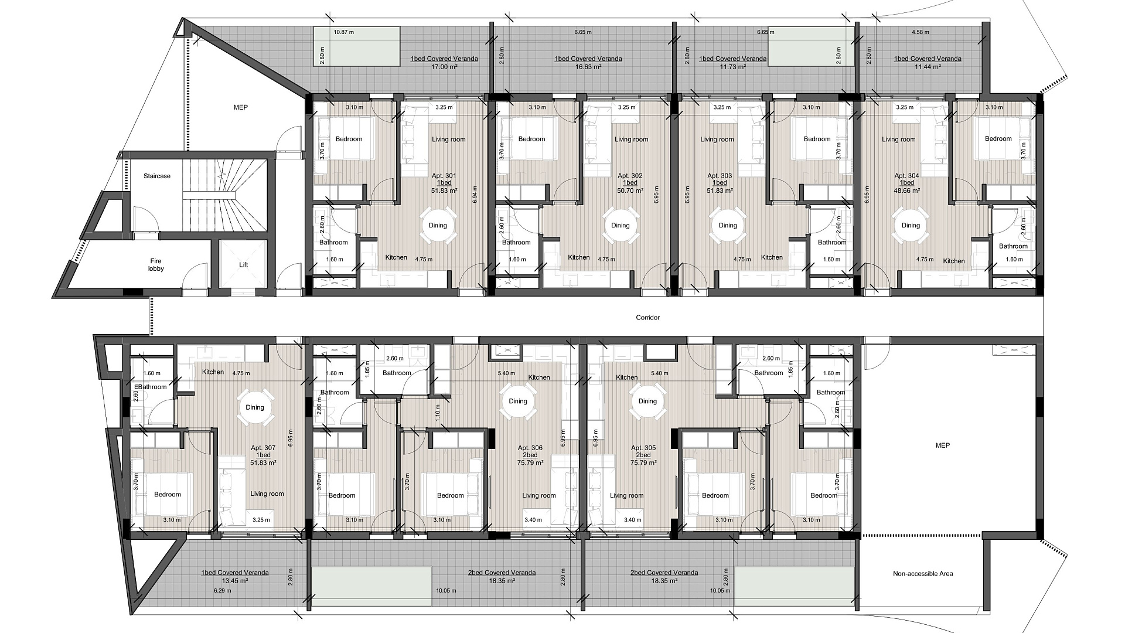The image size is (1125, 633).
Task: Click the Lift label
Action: coord(244,265)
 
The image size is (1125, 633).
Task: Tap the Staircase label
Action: coord(157,176)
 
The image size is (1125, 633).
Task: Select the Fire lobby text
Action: coord(156,265)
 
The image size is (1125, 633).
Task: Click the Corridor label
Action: coord(648,318)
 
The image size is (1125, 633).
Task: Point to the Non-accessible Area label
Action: coord(923,573)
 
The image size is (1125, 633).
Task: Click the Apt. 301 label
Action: coord(444,176)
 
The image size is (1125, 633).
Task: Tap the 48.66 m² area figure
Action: coord(906,190)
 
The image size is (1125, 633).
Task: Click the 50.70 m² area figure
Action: coord(630,190)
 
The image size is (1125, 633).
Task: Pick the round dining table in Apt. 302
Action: coord(621,226)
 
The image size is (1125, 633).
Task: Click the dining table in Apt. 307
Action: coord(255,407)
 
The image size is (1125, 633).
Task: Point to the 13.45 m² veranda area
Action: coord(234,581)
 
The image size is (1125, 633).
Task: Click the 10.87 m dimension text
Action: coord(343,32)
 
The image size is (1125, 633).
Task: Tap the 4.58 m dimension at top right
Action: coord(921,32)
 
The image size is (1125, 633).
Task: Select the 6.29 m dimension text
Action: coord(222,591)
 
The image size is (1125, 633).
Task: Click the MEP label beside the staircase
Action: coord(240,107)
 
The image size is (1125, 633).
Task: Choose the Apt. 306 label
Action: coord(530,448)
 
